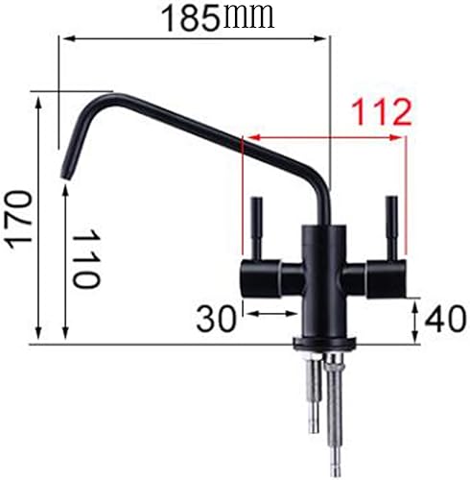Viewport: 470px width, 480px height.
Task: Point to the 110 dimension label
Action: coord(87,259)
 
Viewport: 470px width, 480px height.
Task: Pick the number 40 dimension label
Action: coord(444,318)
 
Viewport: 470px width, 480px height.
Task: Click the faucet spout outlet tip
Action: coord(67,171)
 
